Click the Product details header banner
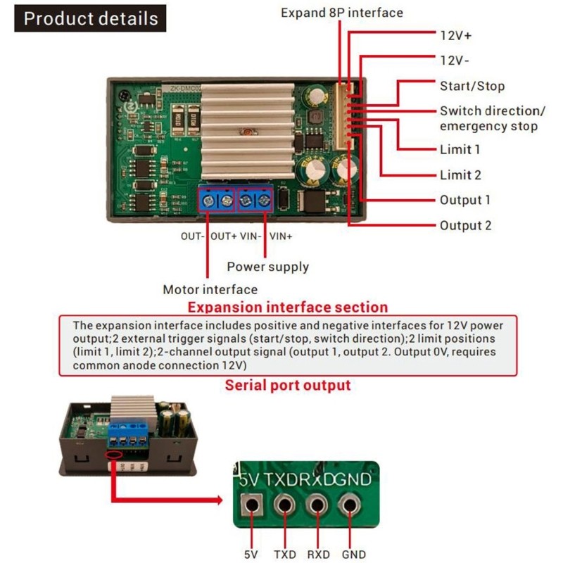click(90, 18)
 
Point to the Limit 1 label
click(460, 149)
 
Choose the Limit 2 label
click(460, 175)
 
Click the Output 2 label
click(465, 225)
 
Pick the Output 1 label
click(464, 200)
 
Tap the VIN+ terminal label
click(281, 236)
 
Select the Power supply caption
click(267, 267)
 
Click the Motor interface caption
click(210, 289)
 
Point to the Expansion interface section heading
click(287, 308)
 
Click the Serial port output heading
click(287, 386)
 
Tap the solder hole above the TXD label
click(284, 504)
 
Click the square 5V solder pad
click(251, 504)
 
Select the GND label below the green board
click(353, 554)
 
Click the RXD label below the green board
click(318, 554)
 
